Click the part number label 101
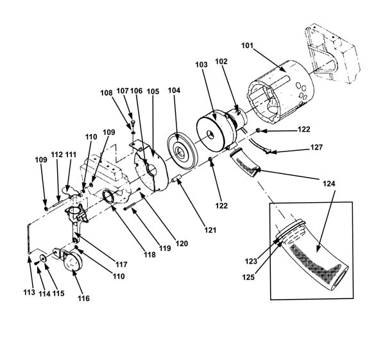pos(247,46)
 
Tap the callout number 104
pos(174,90)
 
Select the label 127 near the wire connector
pos(316,147)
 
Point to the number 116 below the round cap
pos(83,298)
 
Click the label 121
pos(210,230)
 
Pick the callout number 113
pos(30,292)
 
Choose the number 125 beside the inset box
pos(248,277)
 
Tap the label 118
pos(150,255)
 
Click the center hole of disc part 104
pos(181,153)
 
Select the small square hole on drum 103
pos(210,134)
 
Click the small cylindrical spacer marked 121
pos(177,178)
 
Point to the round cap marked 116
pos(71,262)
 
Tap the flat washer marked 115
pos(44,259)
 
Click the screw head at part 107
pos(133,121)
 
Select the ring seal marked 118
pos(108,196)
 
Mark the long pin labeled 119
pos(133,205)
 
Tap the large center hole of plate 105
pos(151,169)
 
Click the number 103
pos(201,65)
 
